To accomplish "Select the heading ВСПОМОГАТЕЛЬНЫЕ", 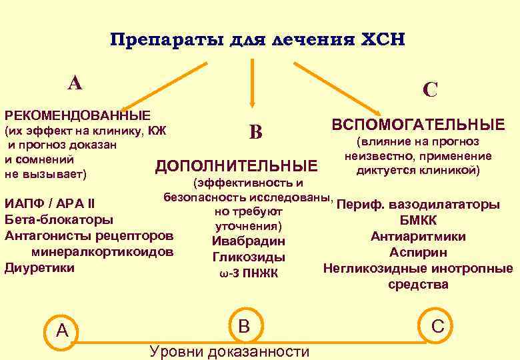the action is click(x=418, y=125).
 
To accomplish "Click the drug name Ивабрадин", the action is click(x=248, y=241).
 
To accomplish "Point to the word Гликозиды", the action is click(x=248, y=257).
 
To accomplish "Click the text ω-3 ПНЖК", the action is click(x=248, y=273).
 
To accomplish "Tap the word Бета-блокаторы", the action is click(x=59, y=219).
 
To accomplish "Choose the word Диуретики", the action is click(x=39, y=268).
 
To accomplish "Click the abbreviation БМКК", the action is click(x=418, y=220).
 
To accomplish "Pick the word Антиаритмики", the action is click(x=418, y=237).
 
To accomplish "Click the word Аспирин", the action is click(x=418, y=253).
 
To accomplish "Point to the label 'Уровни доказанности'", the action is click(x=230, y=351).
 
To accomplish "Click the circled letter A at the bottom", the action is click(x=62, y=329).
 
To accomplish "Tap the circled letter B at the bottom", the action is click(x=244, y=325).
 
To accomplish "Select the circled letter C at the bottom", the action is click(x=437, y=326).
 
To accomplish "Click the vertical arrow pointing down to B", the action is click(x=251, y=83).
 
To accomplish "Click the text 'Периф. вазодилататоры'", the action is click(x=419, y=204).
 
